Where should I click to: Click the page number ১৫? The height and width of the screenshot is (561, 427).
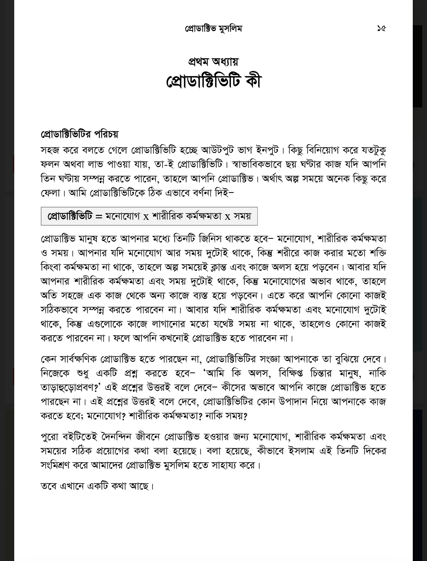click(381, 28)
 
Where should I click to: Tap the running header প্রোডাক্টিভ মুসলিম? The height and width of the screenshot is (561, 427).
click(213, 28)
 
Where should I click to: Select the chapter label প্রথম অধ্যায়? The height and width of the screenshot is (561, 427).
click(213, 62)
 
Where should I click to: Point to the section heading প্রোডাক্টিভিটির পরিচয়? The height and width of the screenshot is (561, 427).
click(79, 134)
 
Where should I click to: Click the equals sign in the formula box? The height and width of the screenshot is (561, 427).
click(98, 217)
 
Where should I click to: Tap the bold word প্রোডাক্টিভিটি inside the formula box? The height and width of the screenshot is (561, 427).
click(70, 216)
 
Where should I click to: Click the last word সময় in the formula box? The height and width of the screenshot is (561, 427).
click(242, 216)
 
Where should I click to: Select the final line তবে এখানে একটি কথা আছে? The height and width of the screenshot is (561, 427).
click(97, 485)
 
